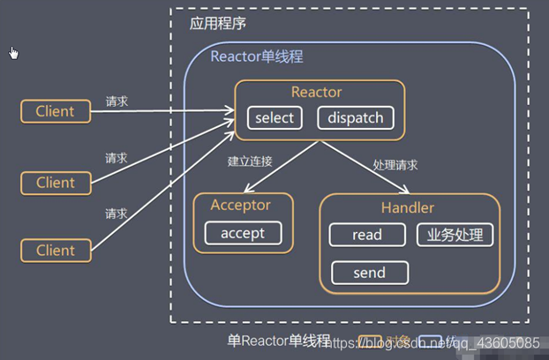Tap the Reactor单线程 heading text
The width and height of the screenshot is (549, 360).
[x=257, y=56]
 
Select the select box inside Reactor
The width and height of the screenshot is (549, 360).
[x=274, y=118]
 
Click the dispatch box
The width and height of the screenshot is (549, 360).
[x=355, y=118]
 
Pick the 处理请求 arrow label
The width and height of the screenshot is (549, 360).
[x=395, y=165]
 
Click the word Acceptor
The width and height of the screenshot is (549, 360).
[x=240, y=205]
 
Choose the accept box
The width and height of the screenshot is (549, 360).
[x=243, y=233]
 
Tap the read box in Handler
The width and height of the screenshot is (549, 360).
[x=366, y=235]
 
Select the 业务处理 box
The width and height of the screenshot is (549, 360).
[x=455, y=235]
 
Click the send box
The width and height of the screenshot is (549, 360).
[x=369, y=273]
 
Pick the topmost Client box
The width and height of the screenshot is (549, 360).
[x=55, y=111]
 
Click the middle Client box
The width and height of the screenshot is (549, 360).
[x=55, y=183]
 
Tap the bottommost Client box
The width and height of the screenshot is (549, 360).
[x=55, y=251]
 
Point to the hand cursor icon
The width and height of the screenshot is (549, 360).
[x=13, y=53]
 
